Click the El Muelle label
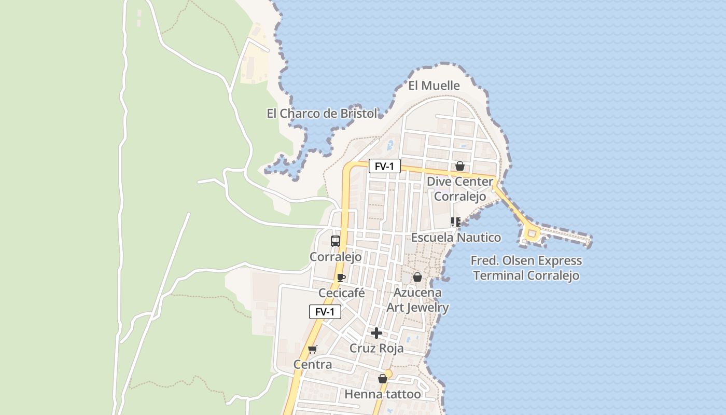434,86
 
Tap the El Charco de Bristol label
322,114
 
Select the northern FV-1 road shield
385,167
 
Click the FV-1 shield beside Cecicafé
325,312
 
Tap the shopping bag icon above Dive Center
459,167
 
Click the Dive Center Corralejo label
459,189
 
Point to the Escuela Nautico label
456,238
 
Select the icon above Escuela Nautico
456,223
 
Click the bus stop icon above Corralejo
336,241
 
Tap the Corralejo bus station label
336,257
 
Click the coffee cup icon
341,278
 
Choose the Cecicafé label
342,293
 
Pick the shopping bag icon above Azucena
417,278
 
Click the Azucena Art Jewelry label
417,300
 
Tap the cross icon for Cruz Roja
376,333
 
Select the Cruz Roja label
376,348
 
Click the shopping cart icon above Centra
312,350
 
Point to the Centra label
313,365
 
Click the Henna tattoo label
383,394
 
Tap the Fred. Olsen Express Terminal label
526,268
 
